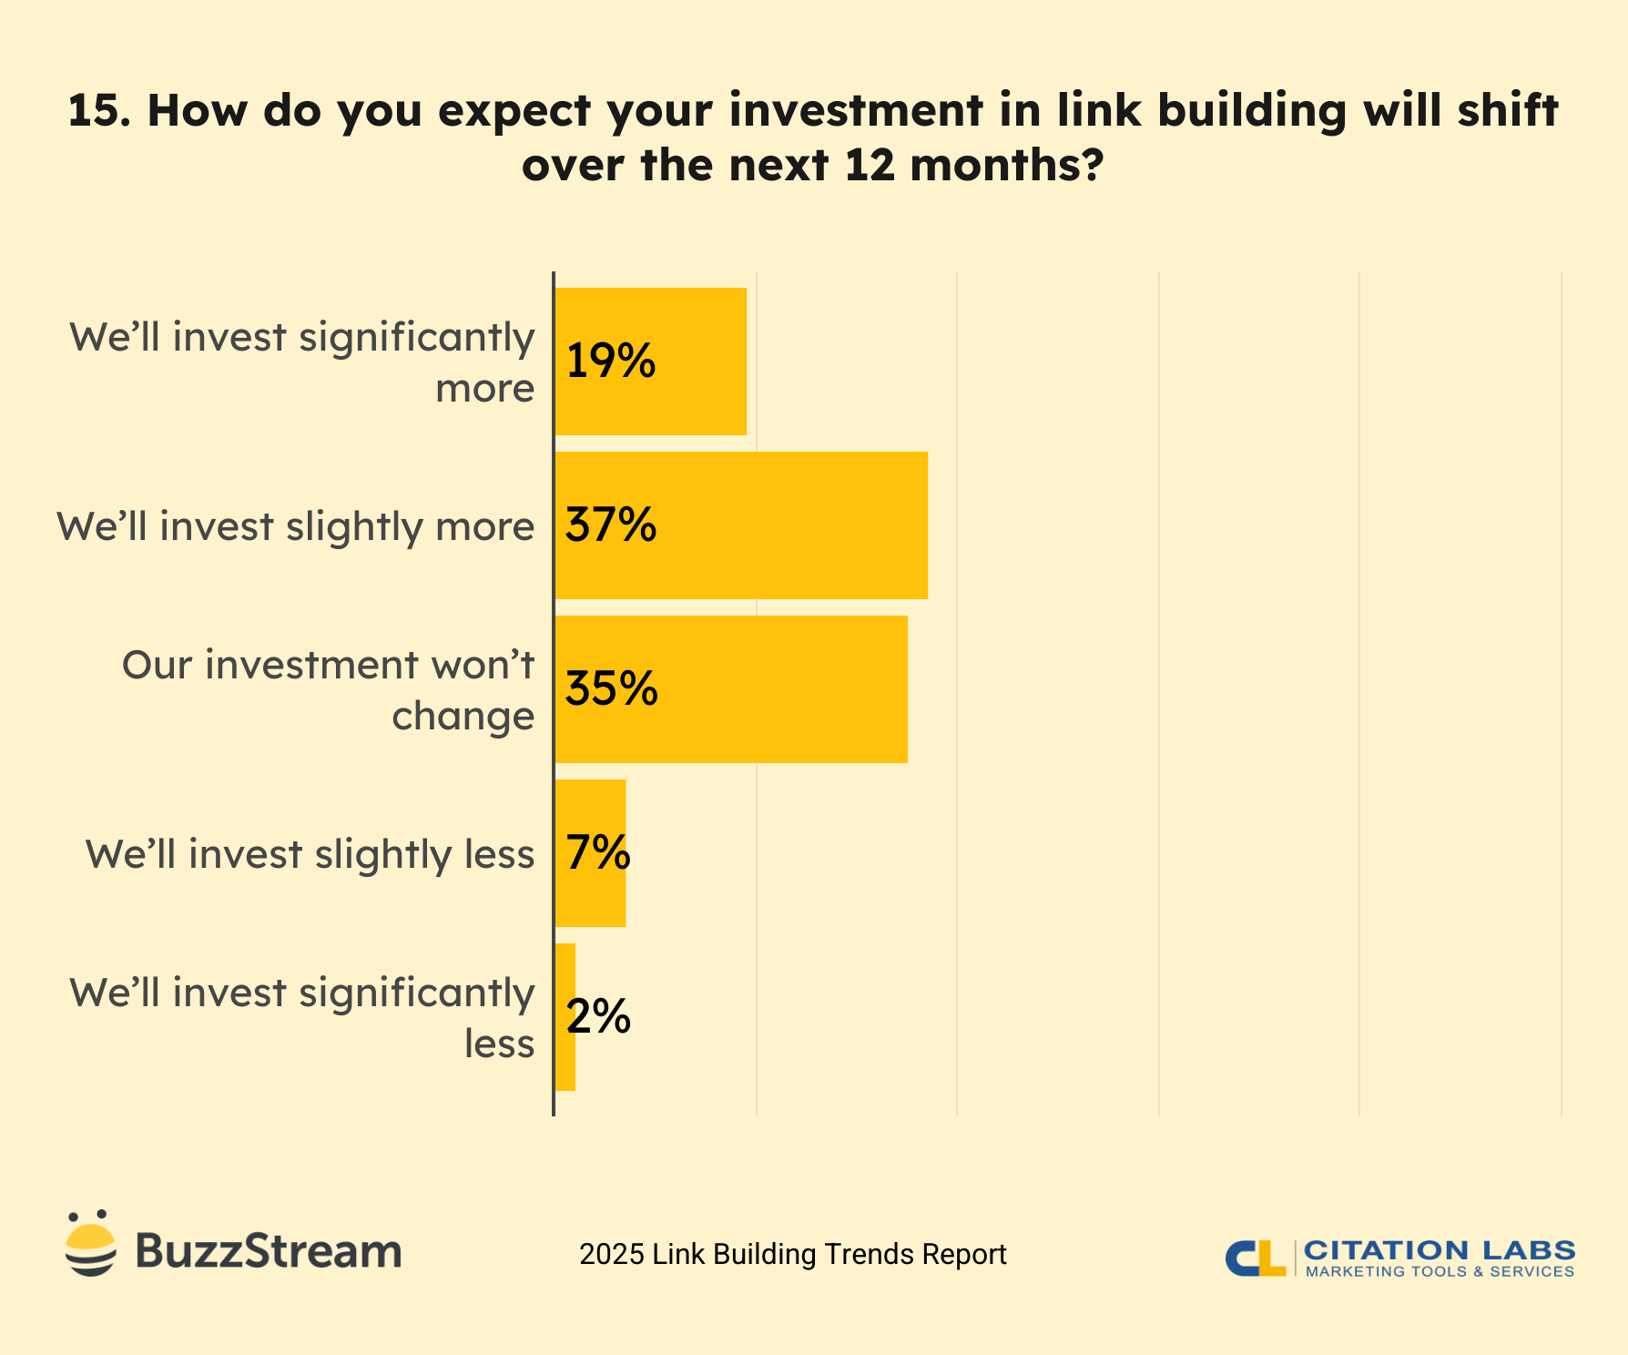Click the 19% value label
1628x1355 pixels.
point(610,362)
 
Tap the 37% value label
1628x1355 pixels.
point(610,525)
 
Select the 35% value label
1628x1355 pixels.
point(611,689)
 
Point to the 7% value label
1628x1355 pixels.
point(597,853)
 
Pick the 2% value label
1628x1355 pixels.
point(597,1017)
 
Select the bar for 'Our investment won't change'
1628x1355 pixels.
point(774,689)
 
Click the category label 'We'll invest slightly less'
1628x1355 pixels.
point(310,854)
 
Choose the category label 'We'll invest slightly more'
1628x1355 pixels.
point(295,526)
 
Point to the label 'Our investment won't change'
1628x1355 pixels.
point(328,689)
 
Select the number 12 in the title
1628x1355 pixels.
point(870,166)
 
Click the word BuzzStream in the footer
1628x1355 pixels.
point(268,1251)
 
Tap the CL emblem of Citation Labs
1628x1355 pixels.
point(1255,1258)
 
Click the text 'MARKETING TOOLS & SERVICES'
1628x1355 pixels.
point(1440,1271)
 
